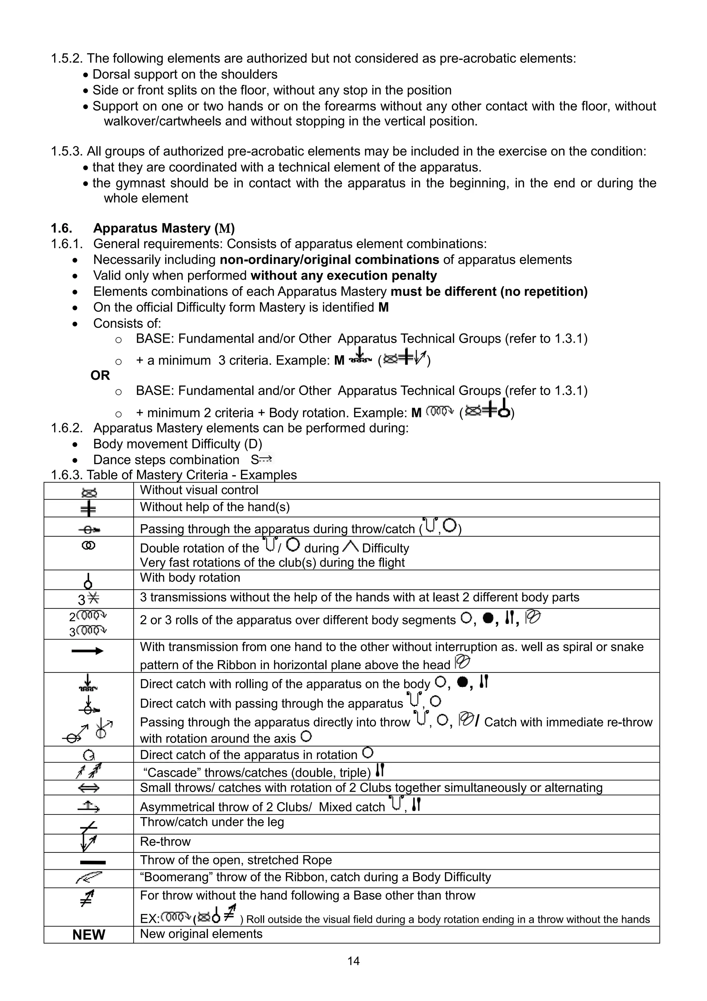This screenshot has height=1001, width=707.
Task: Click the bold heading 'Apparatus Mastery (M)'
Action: (x=164, y=228)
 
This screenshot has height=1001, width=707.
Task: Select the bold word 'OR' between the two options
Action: (x=100, y=375)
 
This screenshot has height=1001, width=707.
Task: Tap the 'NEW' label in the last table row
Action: (x=88, y=935)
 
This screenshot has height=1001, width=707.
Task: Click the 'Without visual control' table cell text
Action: (x=199, y=490)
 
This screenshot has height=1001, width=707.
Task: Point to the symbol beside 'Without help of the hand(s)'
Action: (x=88, y=508)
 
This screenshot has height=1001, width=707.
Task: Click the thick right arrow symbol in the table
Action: (x=88, y=651)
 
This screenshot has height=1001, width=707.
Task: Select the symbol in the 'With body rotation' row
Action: (x=88, y=580)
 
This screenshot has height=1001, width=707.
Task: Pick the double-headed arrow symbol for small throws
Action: (x=88, y=788)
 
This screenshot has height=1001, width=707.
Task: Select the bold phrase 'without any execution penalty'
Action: (x=344, y=275)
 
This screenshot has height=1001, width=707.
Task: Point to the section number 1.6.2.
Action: (x=66, y=428)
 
